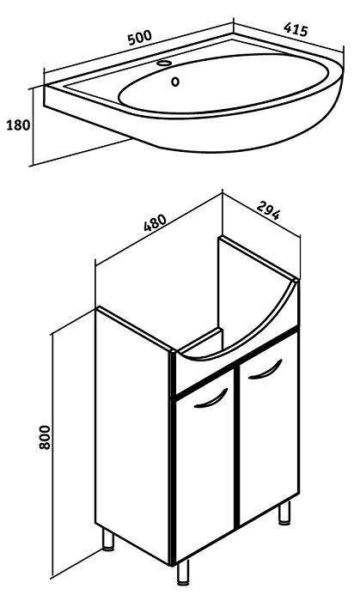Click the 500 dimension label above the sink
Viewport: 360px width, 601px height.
140,37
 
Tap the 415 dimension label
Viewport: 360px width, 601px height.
296,29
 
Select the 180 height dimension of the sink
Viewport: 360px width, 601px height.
18,125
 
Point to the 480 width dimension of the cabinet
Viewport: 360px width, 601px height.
156,222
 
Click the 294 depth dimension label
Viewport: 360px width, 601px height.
268,209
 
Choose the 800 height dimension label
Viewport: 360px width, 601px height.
45,437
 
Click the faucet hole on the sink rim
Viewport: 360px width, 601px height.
165,63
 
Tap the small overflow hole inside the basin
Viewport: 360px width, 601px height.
175,82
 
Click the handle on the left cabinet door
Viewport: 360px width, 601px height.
211,398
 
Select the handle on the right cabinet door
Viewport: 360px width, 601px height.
265,369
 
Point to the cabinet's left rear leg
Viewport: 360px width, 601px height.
108,540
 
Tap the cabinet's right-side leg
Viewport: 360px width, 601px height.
284,513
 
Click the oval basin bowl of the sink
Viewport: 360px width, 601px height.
223,83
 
